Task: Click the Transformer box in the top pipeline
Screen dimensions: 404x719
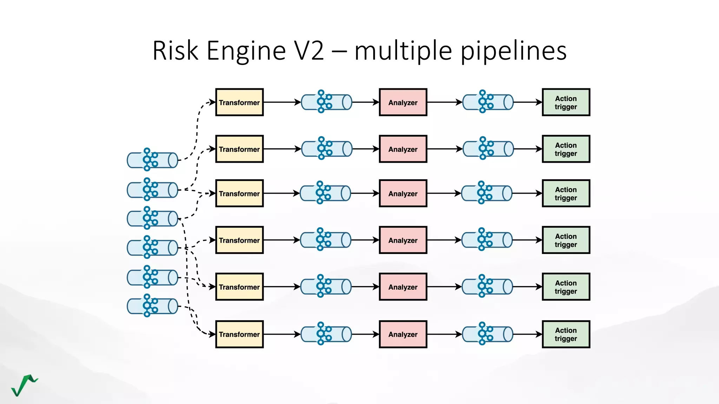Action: (x=239, y=102)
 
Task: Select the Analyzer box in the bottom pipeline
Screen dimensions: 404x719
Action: (x=403, y=334)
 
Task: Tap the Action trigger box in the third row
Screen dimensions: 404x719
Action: (x=566, y=194)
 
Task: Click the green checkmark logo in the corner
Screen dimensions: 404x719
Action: (x=24, y=385)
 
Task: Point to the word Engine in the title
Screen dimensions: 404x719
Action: (x=246, y=51)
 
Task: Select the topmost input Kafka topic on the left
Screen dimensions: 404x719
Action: (x=152, y=160)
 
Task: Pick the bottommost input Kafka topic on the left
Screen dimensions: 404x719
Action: (x=152, y=306)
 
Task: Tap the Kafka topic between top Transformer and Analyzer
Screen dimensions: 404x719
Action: (x=326, y=102)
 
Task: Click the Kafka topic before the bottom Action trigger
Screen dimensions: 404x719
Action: (x=488, y=334)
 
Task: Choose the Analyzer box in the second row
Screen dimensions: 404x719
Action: (x=403, y=149)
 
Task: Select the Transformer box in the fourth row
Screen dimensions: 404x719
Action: (x=239, y=240)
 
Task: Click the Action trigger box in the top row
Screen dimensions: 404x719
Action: (x=566, y=102)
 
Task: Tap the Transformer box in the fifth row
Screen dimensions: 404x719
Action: (x=239, y=287)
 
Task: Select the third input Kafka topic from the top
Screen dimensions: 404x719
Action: (x=152, y=218)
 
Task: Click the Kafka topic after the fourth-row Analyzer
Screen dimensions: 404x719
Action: (x=487, y=240)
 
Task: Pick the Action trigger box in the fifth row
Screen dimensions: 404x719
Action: (x=566, y=287)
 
